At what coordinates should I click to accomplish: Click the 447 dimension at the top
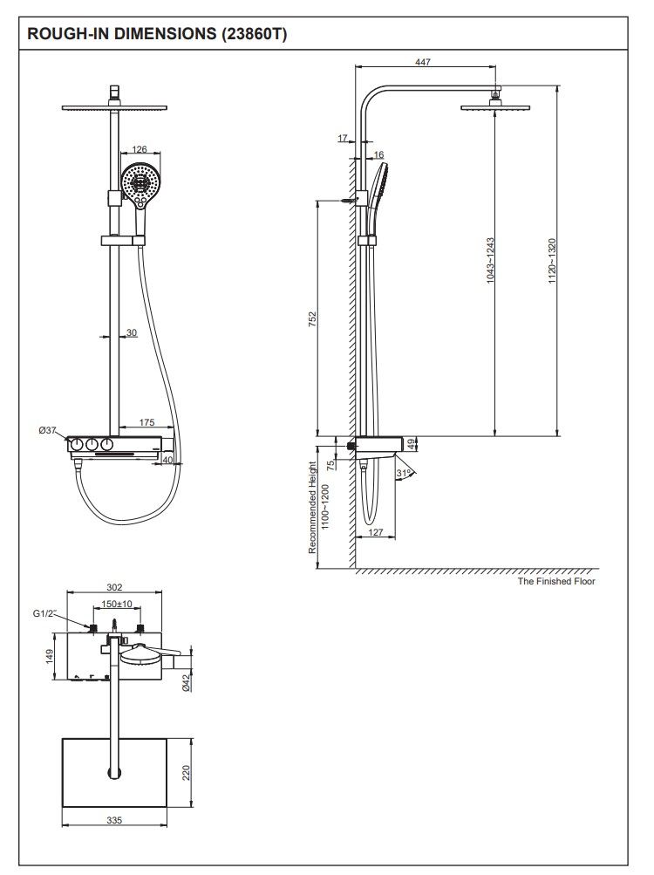click(424, 62)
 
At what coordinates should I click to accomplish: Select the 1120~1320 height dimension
click(552, 260)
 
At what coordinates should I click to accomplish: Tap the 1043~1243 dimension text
click(491, 260)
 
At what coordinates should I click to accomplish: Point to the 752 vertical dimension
click(312, 318)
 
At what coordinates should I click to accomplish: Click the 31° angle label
click(403, 474)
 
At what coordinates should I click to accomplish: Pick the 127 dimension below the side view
click(376, 532)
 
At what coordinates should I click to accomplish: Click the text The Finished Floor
click(556, 581)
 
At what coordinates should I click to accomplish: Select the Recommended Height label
click(312, 509)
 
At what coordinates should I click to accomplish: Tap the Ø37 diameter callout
click(48, 430)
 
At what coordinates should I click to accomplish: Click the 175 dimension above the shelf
click(147, 422)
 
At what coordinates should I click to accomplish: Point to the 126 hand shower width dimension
click(140, 150)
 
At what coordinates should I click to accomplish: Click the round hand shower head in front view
click(140, 182)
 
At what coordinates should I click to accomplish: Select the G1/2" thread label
click(44, 613)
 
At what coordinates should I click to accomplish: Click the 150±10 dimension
click(116, 604)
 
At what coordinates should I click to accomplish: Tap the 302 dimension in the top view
click(114, 587)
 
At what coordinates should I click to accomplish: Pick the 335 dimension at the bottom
click(114, 820)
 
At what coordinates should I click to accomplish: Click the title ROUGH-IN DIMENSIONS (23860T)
click(157, 35)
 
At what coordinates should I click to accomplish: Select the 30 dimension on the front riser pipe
click(131, 332)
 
